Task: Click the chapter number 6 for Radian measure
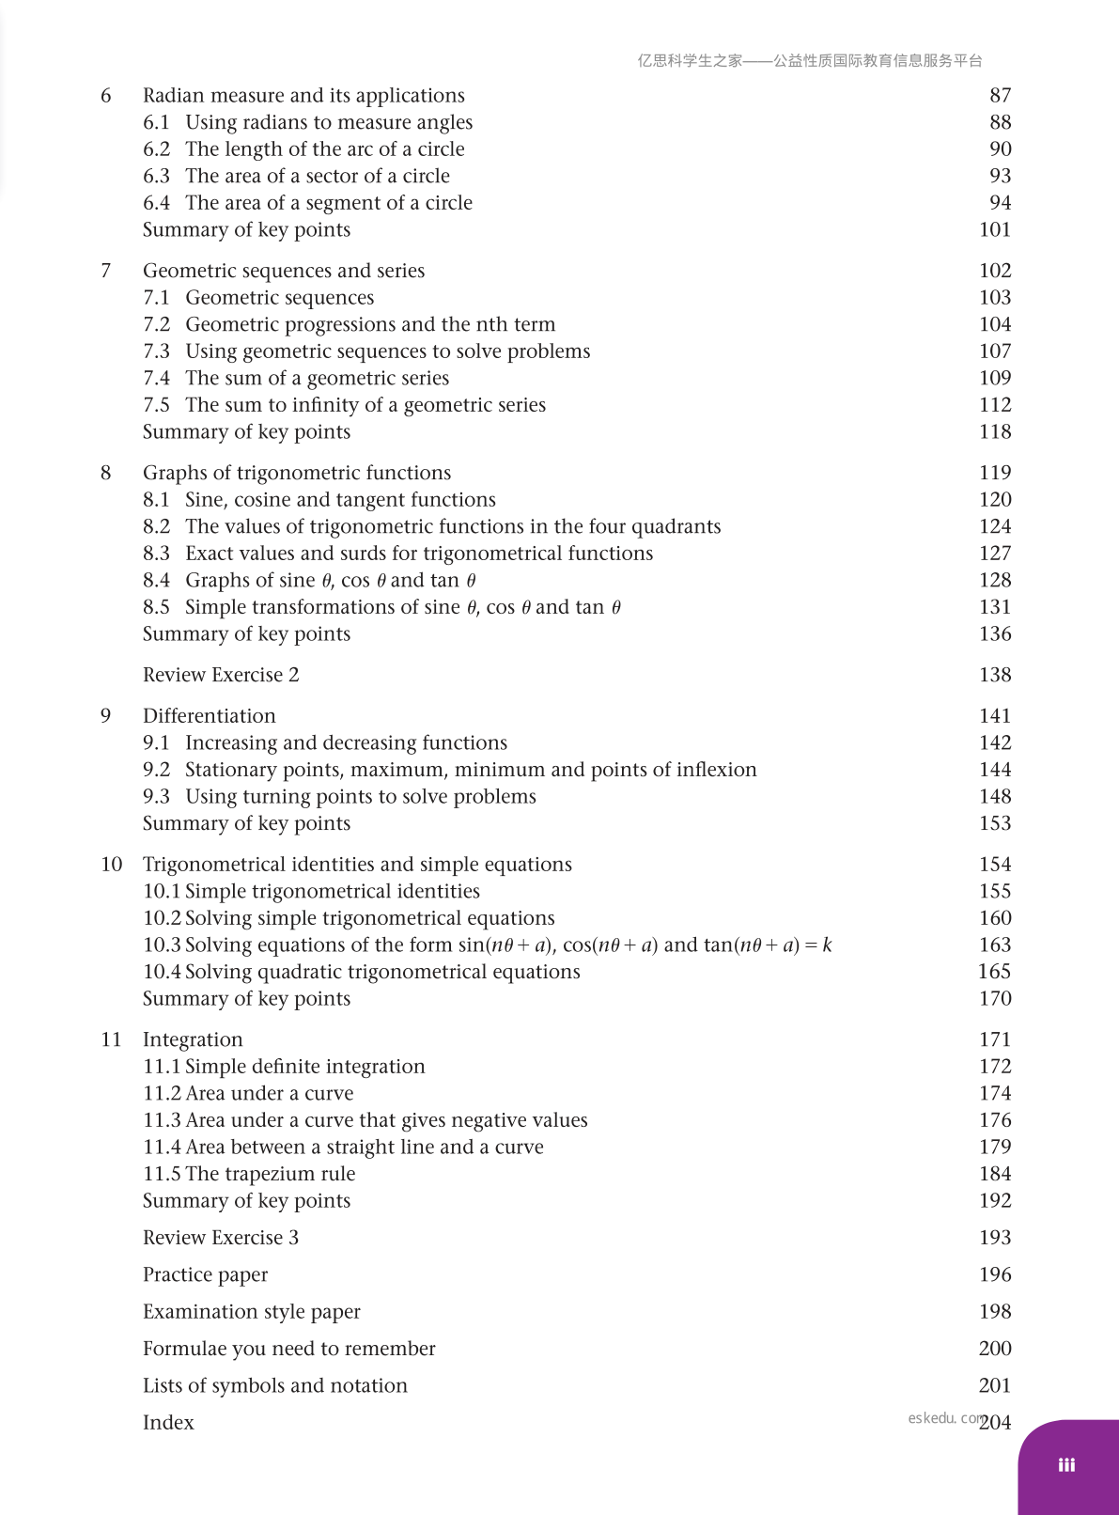tap(106, 96)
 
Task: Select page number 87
tap(1000, 96)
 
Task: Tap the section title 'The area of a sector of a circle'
tap(318, 177)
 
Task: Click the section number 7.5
tap(156, 405)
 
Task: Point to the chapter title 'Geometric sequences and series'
tap(284, 271)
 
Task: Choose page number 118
tap(995, 432)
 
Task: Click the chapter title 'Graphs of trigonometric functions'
tap(297, 473)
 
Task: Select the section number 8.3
tap(156, 554)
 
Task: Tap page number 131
tap(995, 607)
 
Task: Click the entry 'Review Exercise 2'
tap(221, 675)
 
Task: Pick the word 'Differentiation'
tap(210, 716)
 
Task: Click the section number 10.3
tap(162, 945)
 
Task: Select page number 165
tap(995, 972)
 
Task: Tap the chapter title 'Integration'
tap(193, 1039)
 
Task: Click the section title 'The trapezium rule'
tap(271, 1174)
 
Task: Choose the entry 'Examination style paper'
tap(252, 1312)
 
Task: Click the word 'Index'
tap(168, 1423)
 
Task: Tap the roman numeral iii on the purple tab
tap(1066, 1465)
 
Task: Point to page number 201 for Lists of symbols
tap(995, 1385)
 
